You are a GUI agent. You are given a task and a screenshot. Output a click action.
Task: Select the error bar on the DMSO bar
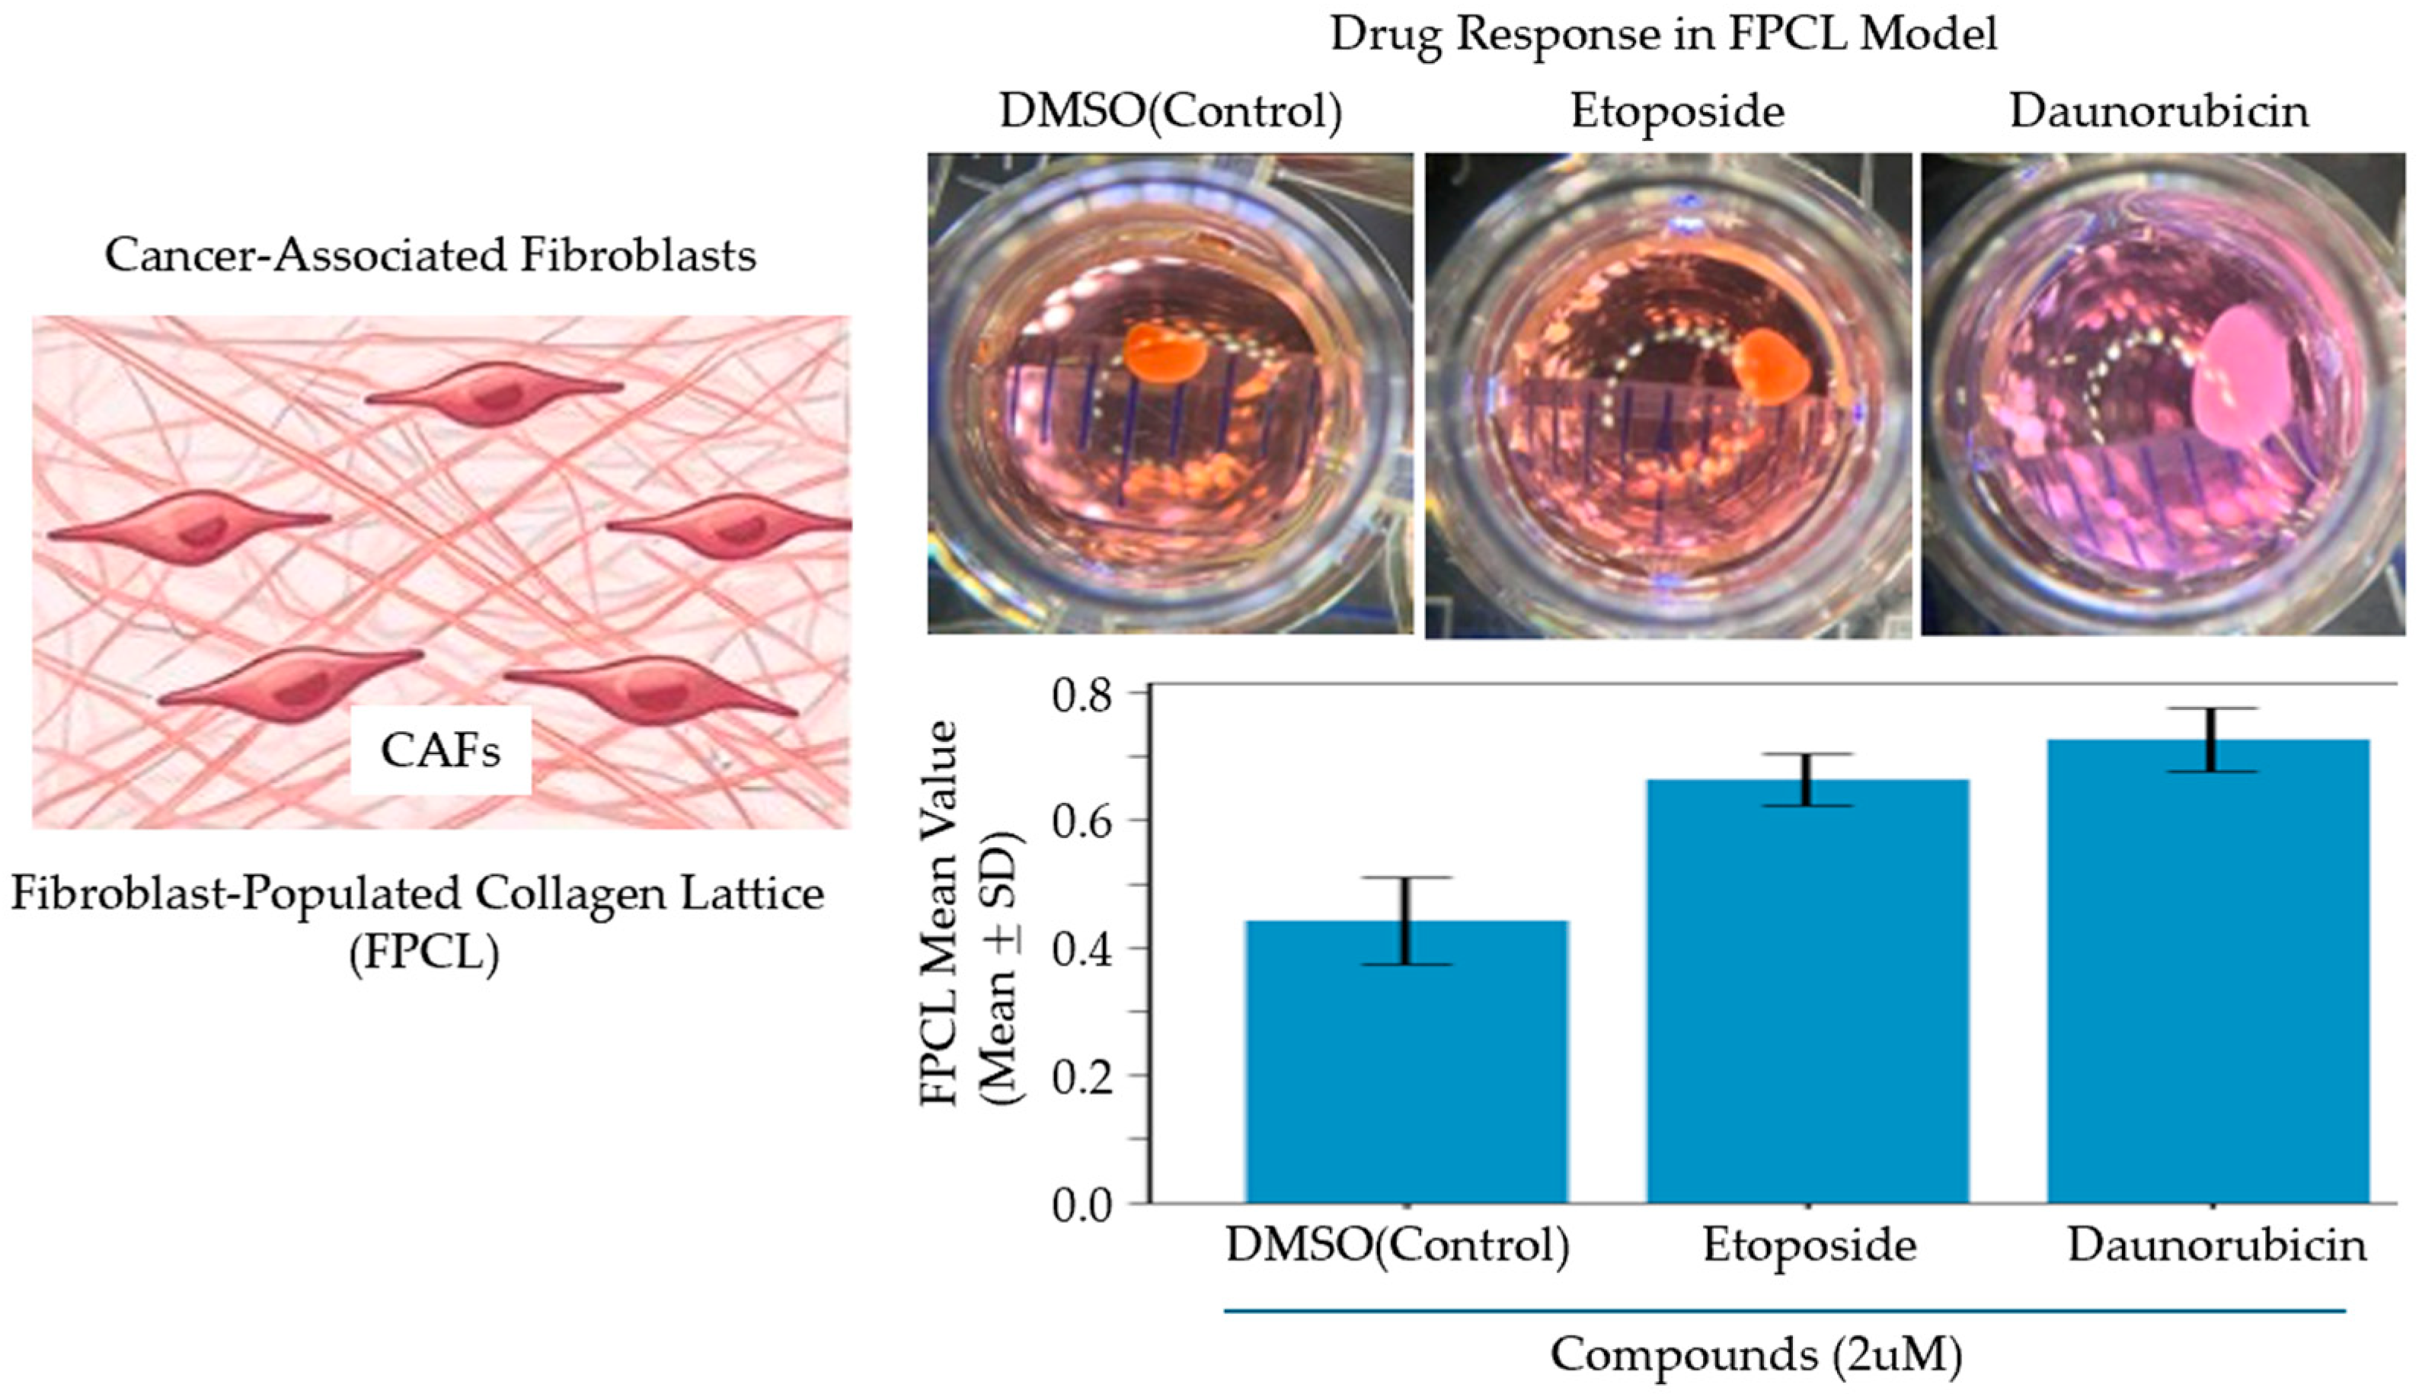(1406, 920)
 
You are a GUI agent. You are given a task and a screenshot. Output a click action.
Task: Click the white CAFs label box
(440, 750)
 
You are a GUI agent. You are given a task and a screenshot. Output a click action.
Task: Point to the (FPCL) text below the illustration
(424, 954)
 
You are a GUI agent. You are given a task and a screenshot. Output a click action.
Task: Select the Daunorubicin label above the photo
(2158, 112)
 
